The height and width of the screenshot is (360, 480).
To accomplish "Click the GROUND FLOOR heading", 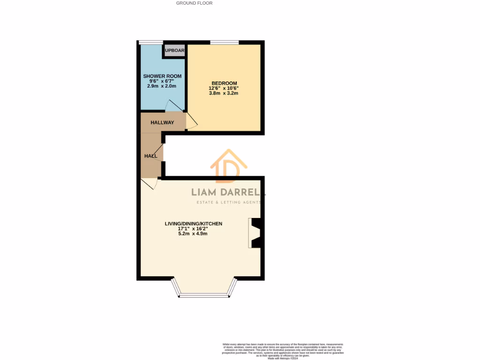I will (x=194, y=3).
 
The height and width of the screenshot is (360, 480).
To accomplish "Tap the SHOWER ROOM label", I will (x=162, y=76).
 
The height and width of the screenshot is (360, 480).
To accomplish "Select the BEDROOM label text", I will (x=224, y=83).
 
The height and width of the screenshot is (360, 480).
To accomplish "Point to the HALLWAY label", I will (x=162, y=123).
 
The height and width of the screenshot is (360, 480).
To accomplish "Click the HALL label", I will (x=150, y=156).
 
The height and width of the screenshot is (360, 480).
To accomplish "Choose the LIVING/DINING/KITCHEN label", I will (x=193, y=224).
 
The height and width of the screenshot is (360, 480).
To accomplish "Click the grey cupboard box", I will (x=174, y=50).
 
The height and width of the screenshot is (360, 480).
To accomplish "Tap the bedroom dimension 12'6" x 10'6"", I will (x=224, y=88).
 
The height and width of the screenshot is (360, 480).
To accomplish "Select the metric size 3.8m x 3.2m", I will (x=224, y=93).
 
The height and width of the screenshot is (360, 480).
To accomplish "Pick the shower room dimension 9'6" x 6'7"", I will (x=162, y=81).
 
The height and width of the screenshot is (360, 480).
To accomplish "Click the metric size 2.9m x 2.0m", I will (x=162, y=86).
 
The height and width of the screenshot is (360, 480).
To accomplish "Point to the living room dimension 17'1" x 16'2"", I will (x=193, y=229).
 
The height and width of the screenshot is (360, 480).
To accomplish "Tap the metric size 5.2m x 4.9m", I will (x=193, y=234).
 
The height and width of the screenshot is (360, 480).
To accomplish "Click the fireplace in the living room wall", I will (x=256, y=233).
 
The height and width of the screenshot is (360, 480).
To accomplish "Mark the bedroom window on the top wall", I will (x=225, y=43).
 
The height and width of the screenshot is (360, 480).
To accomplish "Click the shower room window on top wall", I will (x=150, y=43).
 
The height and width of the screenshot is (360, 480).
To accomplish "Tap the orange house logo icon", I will (x=229, y=166).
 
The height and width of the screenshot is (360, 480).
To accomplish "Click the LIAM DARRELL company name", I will (x=229, y=192).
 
